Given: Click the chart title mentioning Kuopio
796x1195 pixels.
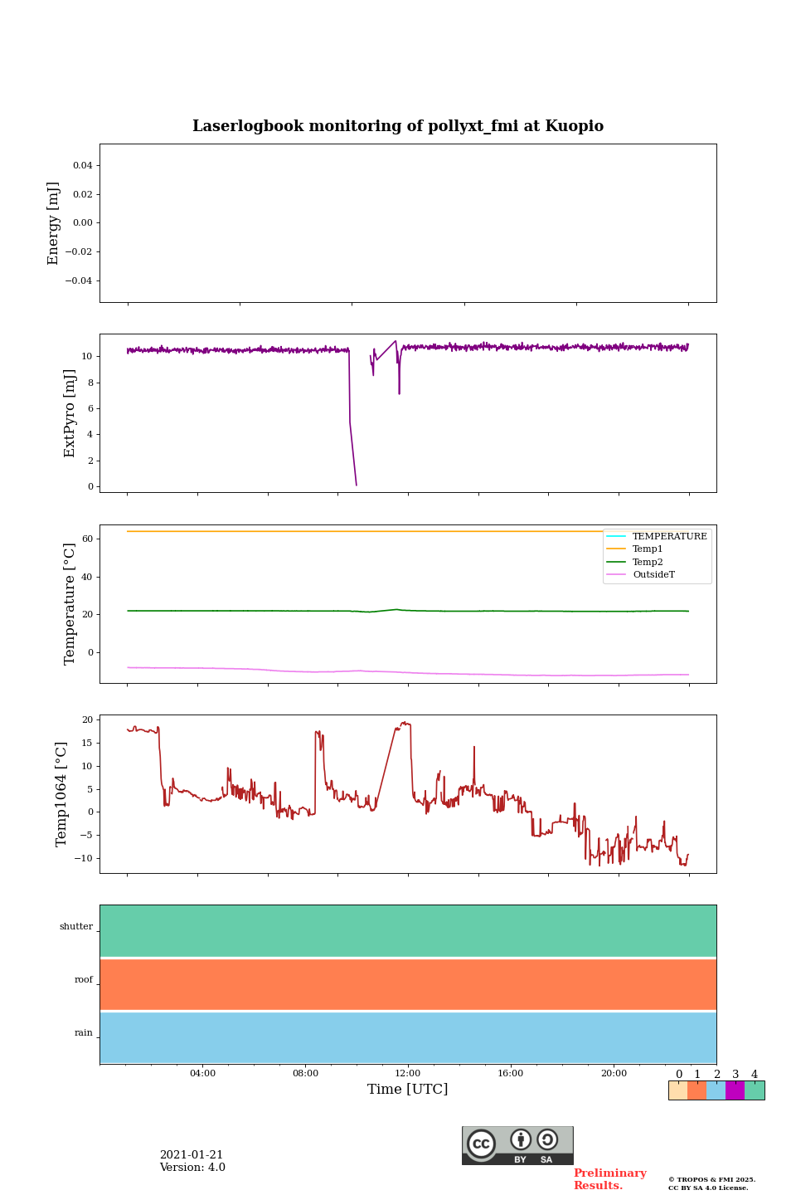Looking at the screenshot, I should coord(398,126).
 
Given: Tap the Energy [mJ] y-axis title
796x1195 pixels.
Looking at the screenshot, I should coord(54,223).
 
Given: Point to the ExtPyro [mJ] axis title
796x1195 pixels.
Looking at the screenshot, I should coord(70,413).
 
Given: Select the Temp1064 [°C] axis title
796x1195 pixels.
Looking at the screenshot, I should coord(61,794).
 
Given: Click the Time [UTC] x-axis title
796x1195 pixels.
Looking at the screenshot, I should coord(408,1089).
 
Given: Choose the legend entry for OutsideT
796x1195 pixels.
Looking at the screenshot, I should coord(653,574).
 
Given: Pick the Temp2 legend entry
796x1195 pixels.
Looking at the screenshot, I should coord(648,562).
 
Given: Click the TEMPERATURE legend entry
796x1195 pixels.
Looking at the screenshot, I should coord(669,536).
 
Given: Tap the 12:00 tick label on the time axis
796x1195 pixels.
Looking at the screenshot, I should coord(408,1073).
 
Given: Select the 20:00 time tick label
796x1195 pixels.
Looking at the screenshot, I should coord(614,1073).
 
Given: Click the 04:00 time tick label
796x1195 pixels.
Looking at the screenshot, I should coord(202,1073).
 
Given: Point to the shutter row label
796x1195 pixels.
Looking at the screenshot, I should coord(76,927).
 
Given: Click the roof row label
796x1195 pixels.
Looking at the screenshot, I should coord(84,980).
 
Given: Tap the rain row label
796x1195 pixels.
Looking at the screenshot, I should coord(84,1033).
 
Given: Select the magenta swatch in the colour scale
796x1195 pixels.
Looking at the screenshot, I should coord(735,1090).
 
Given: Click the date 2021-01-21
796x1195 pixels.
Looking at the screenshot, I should coord(192,1155).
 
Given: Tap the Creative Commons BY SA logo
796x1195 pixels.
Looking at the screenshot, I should coord(517,1145).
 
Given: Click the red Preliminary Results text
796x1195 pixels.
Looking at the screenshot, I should coord(609,1179).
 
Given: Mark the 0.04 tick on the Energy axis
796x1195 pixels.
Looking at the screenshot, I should coord(82,165).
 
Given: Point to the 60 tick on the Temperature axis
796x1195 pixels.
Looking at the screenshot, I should coord(87,539).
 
